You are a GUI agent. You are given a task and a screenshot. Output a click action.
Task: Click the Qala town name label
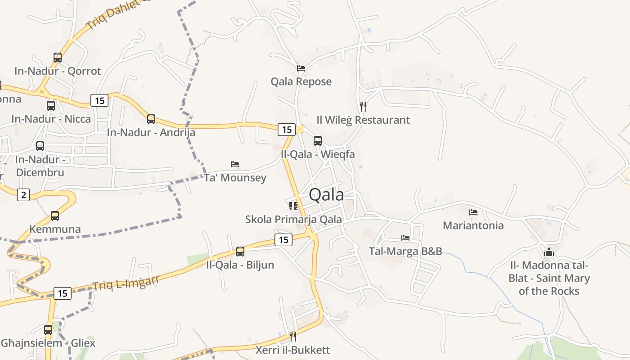pyautogui.click(x=327, y=194)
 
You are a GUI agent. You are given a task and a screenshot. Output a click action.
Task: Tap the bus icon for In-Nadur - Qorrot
pyautogui.click(x=58, y=58)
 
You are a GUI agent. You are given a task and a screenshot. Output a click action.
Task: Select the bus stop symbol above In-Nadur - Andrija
pyautogui.click(x=151, y=119)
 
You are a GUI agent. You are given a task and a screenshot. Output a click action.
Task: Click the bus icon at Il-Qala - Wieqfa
pyautogui.click(x=318, y=141)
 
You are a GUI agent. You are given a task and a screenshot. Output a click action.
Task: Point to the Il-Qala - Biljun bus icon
pyautogui.click(x=240, y=252)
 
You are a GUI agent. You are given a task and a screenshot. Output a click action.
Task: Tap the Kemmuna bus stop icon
pyautogui.click(x=55, y=216)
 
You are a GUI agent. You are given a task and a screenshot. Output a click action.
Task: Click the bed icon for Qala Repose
pyautogui.click(x=301, y=68)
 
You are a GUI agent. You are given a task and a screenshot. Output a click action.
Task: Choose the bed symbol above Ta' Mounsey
pyautogui.click(x=235, y=164)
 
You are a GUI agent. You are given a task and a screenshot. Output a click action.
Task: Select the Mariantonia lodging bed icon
pyautogui.click(x=473, y=212)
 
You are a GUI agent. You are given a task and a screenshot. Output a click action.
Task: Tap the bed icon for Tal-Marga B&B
pyautogui.click(x=405, y=238)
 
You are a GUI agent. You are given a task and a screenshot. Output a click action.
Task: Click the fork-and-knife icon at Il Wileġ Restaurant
pyautogui.click(x=363, y=107)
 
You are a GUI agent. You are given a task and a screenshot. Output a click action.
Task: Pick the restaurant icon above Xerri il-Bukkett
pyautogui.click(x=293, y=336)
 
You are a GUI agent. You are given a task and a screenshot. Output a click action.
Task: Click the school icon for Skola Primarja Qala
pyautogui.click(x=293, y=206)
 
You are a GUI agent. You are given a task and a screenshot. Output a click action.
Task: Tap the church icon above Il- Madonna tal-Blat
pyautogui.click(x=549, y=252)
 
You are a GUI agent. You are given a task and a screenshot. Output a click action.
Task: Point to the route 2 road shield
pyautogui.click(x=23, y=195)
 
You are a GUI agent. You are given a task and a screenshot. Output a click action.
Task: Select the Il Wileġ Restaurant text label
pyautogui.click(x=363, y=120)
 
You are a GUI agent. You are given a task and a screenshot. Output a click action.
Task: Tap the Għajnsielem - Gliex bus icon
pyautogui.click(x=48, y=330)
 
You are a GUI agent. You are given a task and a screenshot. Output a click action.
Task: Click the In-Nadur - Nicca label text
pyautogui.click(x=51, y=119)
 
